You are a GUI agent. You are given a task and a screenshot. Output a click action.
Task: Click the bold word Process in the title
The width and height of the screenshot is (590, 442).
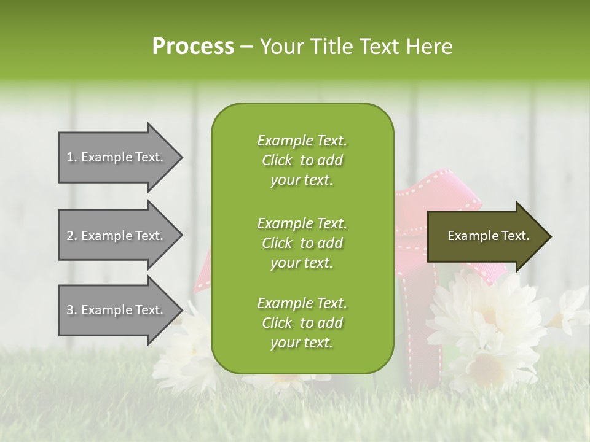click(x=193, y=47)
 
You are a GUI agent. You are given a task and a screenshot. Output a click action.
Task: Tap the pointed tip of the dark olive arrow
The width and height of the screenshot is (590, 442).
click(x=549, y=236)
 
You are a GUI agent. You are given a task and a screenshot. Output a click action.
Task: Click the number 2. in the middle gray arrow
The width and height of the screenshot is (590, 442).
click(x=72, y=236)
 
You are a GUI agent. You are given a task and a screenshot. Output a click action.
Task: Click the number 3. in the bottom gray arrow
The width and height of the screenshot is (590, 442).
click(x=72, y=310)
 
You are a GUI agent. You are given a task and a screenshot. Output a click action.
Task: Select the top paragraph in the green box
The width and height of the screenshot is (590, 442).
click(x=302, y=160)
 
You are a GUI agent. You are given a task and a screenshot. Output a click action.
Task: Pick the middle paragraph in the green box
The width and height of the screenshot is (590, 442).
click(x=302, y=242)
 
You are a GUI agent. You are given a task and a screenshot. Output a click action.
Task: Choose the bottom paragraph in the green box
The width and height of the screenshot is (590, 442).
click(x=302, y=323)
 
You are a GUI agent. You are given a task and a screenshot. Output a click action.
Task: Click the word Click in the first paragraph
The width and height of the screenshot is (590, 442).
click(x=277, y=160)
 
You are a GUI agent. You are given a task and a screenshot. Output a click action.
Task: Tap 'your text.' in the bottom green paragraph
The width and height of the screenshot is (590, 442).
click(x=302, y=343)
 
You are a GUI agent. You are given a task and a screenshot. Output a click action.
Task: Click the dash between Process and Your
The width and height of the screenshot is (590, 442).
click(x=247, y=47)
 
